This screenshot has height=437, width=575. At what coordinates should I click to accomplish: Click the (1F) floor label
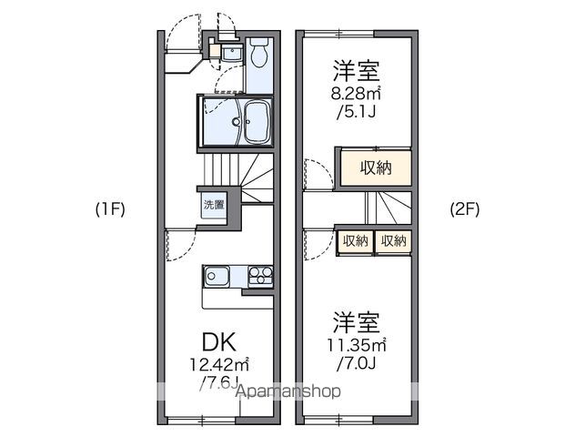tap(110, 207)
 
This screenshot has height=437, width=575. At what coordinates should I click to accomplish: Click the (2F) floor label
tap(464, 207)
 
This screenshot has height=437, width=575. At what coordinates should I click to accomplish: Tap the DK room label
tap(218, 343)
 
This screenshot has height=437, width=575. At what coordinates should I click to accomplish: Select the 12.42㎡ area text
tap(220, 364)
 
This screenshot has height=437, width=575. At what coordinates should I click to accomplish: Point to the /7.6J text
tap(218, 381)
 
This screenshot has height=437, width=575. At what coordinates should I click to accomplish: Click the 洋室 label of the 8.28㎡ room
tap(356, 70)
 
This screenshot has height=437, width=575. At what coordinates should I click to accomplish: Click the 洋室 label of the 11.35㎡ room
tap(356, 322)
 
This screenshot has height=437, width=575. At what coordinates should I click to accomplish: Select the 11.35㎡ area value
tap(358, 344)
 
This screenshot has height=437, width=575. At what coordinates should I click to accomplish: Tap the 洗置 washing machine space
tap(214, 205)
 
